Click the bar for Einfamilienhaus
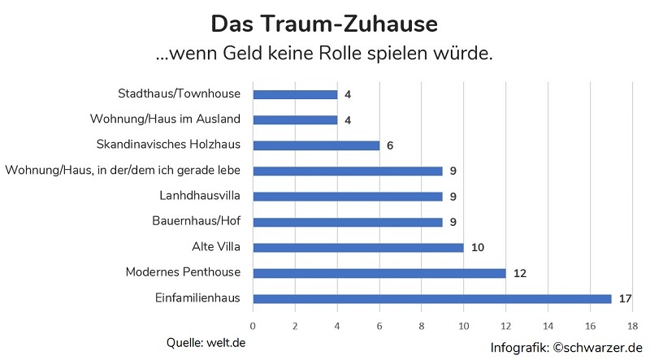[431, 298]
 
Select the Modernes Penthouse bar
[379, 273]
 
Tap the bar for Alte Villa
[357, 247]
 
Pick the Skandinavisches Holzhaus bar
[316, 145]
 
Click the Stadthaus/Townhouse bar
[295, 94]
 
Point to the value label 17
[625, 298]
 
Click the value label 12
[519, 273]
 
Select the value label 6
[390, 145]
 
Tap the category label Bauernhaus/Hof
[196, 221]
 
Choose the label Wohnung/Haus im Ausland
[165, 119]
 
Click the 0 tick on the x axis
[253, 325]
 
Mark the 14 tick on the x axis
[548, 325]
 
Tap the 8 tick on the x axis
[421, 325]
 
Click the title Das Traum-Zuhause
[323, 24]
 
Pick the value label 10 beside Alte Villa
[477, 247]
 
